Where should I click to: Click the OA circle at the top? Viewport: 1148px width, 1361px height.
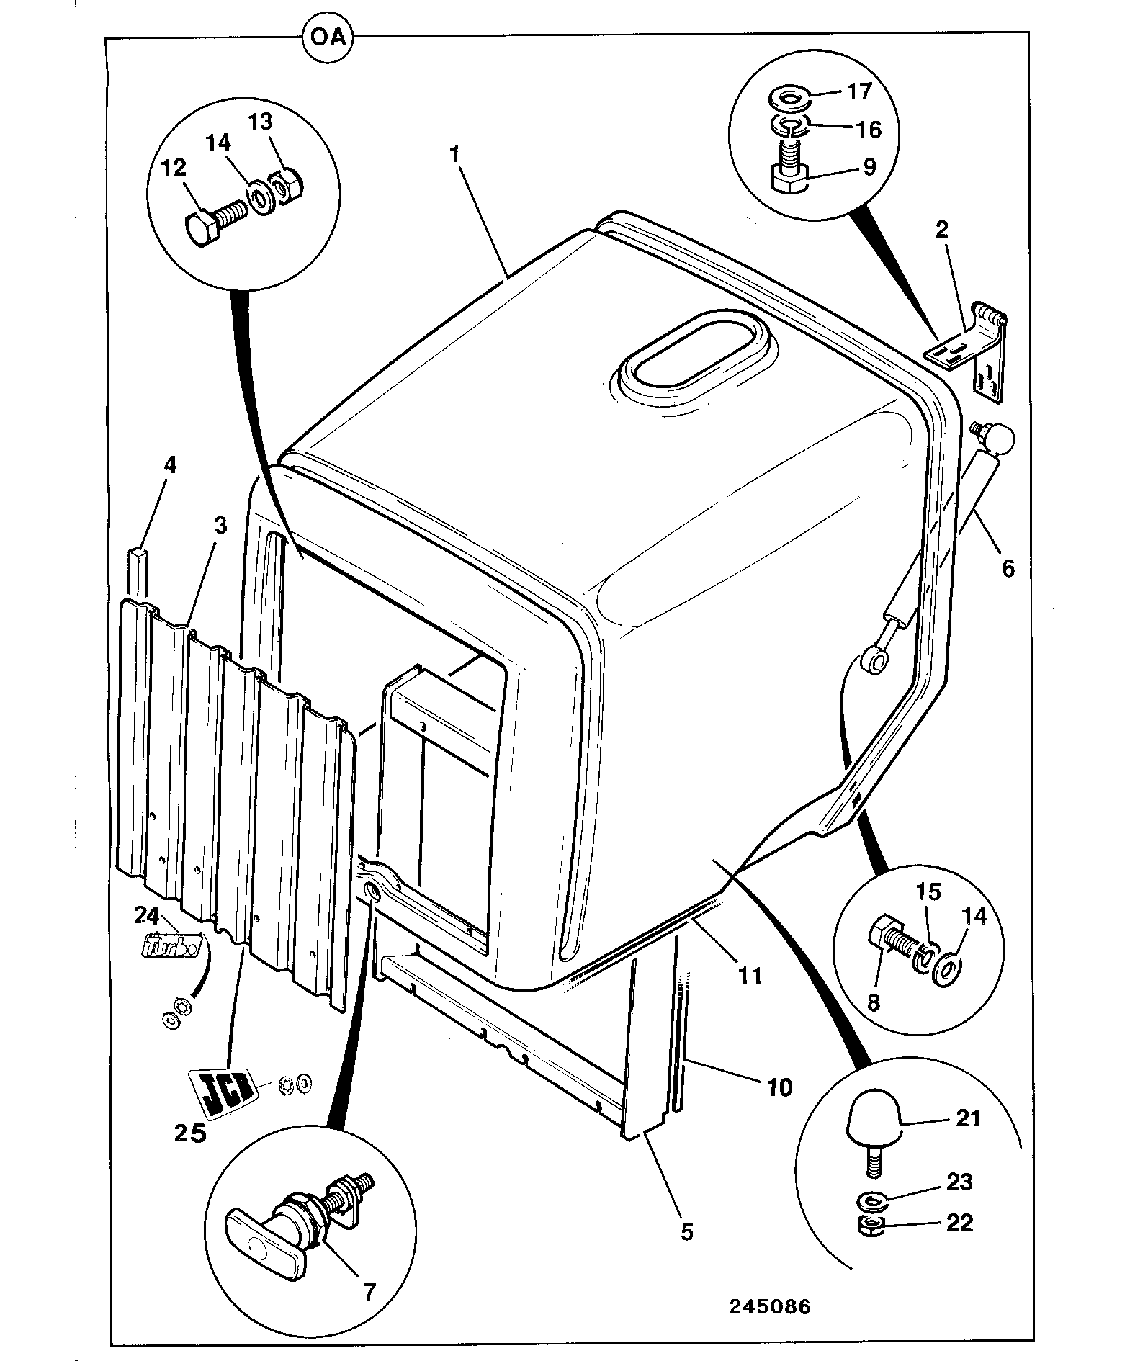[x=328, y=37]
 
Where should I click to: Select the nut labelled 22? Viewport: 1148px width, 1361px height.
[x=872, y=1225]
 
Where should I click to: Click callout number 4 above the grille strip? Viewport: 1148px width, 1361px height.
[x=169, y=464]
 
